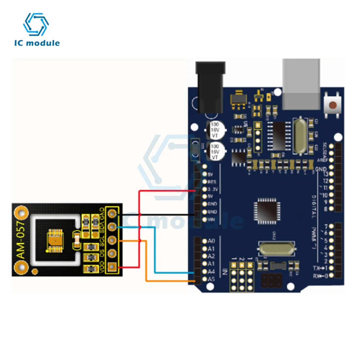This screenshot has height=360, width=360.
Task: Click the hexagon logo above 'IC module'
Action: click(x=36, y=24)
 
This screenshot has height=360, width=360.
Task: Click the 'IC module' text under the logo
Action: click(x=37, y=43)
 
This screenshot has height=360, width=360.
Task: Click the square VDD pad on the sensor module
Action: click(x=113, y=266)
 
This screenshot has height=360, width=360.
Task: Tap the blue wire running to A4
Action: click(x=155, y=252)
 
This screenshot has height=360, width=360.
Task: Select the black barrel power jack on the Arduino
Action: click(x=210, y=86)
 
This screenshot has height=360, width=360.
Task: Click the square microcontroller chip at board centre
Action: click(x=266, y=212)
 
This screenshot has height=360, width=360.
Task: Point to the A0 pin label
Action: click(x=211, y=241)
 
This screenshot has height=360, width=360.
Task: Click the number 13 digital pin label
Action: click(x=325, y=175)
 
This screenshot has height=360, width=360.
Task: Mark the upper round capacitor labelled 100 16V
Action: click(x=215, y=129)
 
